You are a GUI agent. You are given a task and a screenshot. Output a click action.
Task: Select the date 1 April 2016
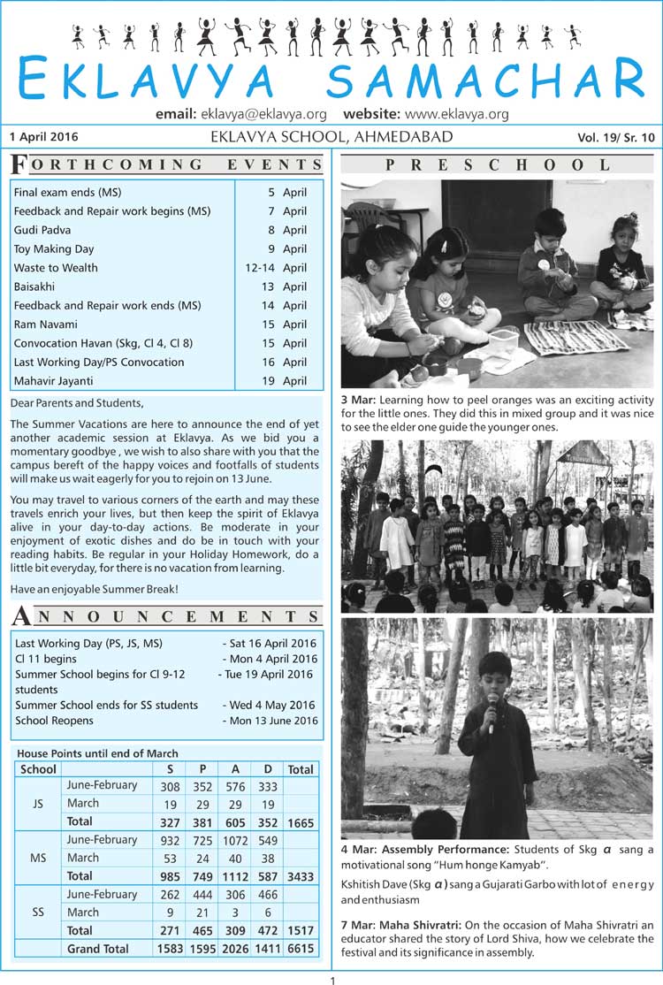tap(44, 137)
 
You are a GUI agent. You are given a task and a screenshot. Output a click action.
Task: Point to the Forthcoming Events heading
tap(167, 164)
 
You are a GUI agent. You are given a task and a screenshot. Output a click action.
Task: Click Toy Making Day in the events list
tap(54, 248)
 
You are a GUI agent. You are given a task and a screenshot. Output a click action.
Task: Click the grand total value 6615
tap(300, 949)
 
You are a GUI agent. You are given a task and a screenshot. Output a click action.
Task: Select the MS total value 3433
tap(300, 876)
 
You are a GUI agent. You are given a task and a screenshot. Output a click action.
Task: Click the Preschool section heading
tap(497, 164)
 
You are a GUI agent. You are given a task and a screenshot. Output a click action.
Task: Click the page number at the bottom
tap(332, 980)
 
